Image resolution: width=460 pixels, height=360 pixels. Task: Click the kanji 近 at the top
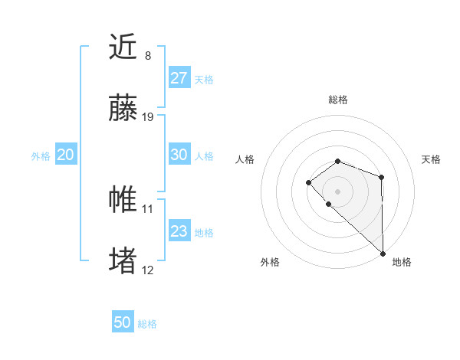[x=123, y=48]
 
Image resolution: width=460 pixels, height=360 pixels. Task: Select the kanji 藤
[x=123, y=110]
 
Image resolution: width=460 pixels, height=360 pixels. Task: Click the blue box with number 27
[x=179, y=77]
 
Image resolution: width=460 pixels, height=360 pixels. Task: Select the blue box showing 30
[x=179, y=155]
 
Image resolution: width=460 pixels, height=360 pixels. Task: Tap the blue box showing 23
[x=179, y=231]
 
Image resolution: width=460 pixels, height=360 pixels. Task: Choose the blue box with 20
[x=65, y=155]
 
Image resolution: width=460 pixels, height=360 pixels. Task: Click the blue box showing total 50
[x=123, y=322]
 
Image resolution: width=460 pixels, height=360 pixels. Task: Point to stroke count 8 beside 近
[x=148, y=56]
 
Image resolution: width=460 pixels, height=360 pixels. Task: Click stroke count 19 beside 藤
[x=148, y=117]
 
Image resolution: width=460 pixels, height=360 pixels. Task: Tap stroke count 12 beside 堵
[x=148, y=270]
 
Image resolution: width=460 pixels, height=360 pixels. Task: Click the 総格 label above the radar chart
[x=337, y=100]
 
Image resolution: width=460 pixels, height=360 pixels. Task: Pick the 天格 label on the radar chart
[x=431, y=159]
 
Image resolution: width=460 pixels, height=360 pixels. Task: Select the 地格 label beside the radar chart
[x=402, y=262]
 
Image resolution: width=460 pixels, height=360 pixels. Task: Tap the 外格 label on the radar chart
[x=270, y=262]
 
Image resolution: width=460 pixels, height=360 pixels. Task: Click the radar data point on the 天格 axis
[x=381, y=178]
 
